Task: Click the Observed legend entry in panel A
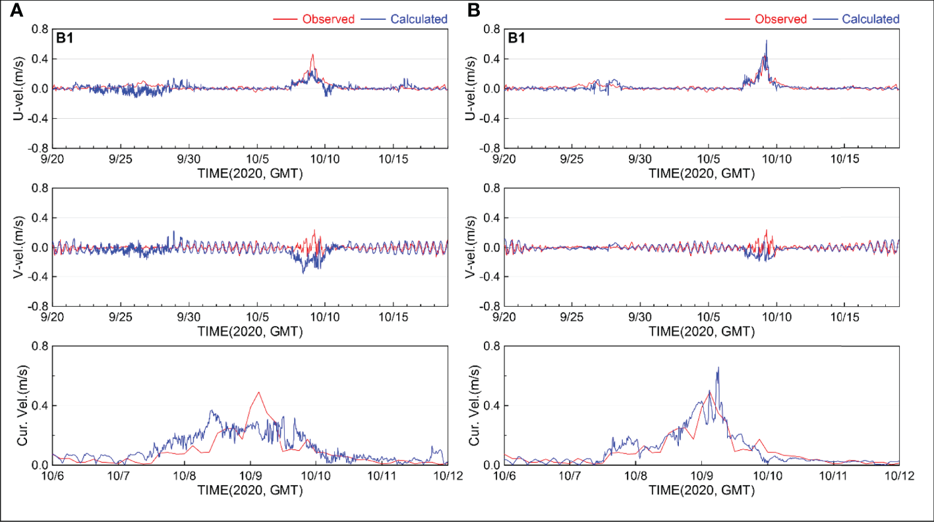click(x=328, y=19)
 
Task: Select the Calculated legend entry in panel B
click(x=870, y=19)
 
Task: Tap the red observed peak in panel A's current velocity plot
click(x=258, y=392)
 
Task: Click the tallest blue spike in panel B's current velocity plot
click(x=718, y=368)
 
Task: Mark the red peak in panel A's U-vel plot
click(x=312, y=55)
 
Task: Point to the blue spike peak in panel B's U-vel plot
click(x=766, y=40)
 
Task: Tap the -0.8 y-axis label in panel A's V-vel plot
click(x=36, y=307)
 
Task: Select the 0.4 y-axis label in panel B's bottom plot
click(x=489, y=405)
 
